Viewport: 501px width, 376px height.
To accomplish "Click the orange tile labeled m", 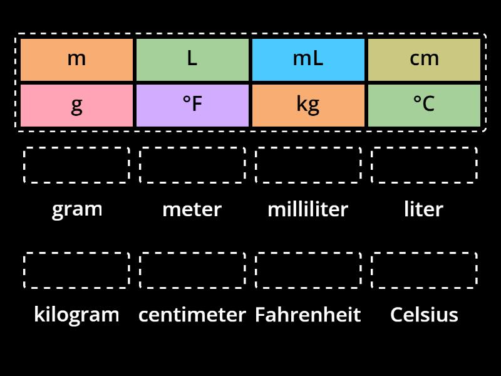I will coord(76,60).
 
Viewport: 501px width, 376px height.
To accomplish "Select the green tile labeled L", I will coord(192,60).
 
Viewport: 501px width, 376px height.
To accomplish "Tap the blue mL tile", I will coord(308,60).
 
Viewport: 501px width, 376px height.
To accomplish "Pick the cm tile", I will coord(424,60).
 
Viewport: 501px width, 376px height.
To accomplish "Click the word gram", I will coord(76,209).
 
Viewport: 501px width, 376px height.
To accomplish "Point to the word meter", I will coord(192,209).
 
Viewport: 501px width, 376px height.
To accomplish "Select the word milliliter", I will coord(308,209).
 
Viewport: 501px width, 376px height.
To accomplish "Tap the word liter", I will coord(424,209).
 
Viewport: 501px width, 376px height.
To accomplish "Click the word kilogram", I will coord(76,315).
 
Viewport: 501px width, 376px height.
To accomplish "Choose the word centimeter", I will coord(192,315).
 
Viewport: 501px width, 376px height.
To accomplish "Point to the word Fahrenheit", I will coord(308,315).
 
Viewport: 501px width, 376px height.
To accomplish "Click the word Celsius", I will coord(424,315).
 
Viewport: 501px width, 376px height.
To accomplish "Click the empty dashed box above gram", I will coord(76,165).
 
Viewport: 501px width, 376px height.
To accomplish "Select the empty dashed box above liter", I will coord(424,165).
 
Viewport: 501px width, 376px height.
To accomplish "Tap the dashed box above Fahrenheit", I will coord(308,271).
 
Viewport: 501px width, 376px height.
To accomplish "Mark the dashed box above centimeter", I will coord(192,271).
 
